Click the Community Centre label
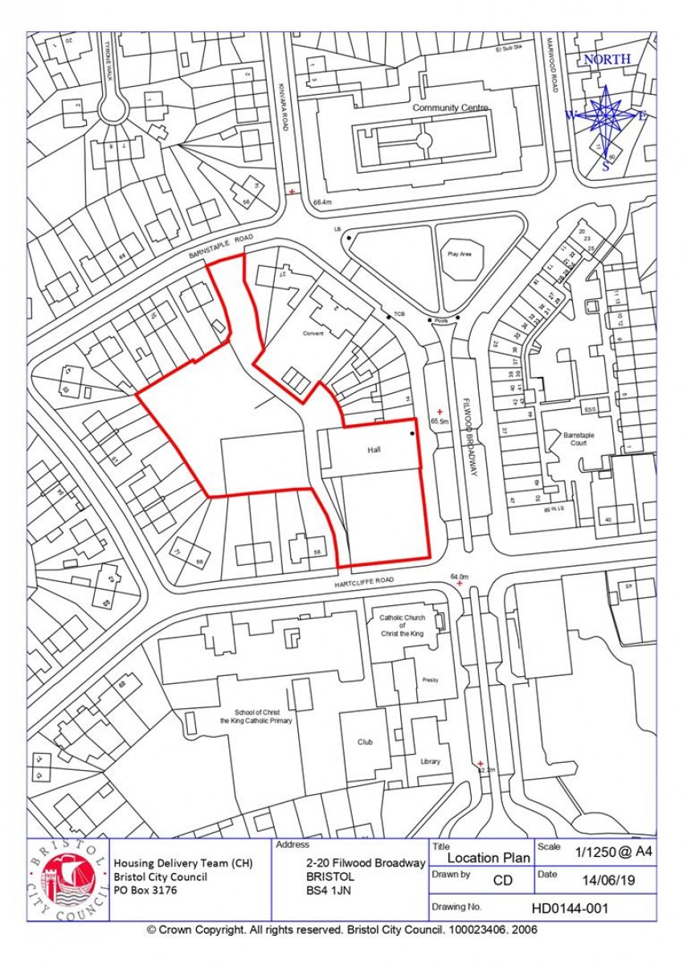(450, 108)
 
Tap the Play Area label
(460, 253)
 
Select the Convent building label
(313, 334)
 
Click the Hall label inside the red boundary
(374, 450)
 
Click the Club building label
(366, 742)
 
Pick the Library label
(430, 761)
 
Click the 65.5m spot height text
(439, 420)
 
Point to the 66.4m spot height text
(322, 202)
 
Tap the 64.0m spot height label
(459, 576)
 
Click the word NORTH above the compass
(607, 59)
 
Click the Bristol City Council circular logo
(68, 879)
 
